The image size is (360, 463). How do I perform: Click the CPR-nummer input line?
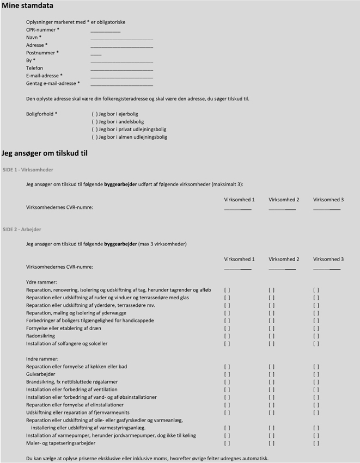tap(105, 31)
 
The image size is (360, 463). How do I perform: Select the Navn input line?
tap(121, 39)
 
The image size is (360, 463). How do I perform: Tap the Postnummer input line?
tap(96, 54)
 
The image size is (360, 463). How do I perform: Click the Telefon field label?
tap(34, 68)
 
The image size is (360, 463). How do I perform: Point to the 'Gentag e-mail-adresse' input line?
tap(121, 84)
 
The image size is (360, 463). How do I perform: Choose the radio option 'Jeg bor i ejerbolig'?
tap(95, 114)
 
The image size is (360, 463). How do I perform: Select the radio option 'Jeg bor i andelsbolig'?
tap(95, 122)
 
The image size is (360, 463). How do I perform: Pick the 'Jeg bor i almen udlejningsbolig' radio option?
tap(95, 137)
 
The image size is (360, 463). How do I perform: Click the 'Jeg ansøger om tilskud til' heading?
tap(45, 154)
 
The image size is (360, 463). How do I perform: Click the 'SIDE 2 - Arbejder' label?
tap(22, 230)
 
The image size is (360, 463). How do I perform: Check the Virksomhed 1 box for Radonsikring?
tap(227, 336)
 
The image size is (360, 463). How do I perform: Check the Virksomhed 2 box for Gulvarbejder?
tap(271, 374)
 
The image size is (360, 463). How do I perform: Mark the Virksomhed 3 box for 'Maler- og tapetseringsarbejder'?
tap(316, 443)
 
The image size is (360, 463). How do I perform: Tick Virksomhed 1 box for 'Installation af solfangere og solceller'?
tap(227, 344)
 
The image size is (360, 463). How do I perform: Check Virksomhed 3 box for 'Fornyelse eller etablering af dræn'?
tap(316, 329)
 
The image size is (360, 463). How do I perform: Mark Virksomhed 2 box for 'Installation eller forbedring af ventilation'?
tap(271, 390)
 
